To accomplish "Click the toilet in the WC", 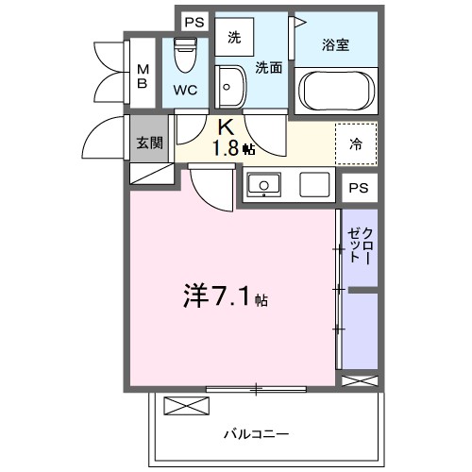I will [185, 55].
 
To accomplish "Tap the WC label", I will [185, 92].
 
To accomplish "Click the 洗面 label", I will [268, 67].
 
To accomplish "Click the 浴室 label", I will [336, 42].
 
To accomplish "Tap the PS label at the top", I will [194, 22].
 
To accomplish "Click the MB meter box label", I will [143, 76].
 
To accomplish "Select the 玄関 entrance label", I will [149, 143].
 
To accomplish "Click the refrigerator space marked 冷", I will [357, 144].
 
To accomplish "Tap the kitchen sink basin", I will [262, 183].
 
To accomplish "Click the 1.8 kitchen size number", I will [225, 147].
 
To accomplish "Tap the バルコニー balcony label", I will [257, 435].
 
